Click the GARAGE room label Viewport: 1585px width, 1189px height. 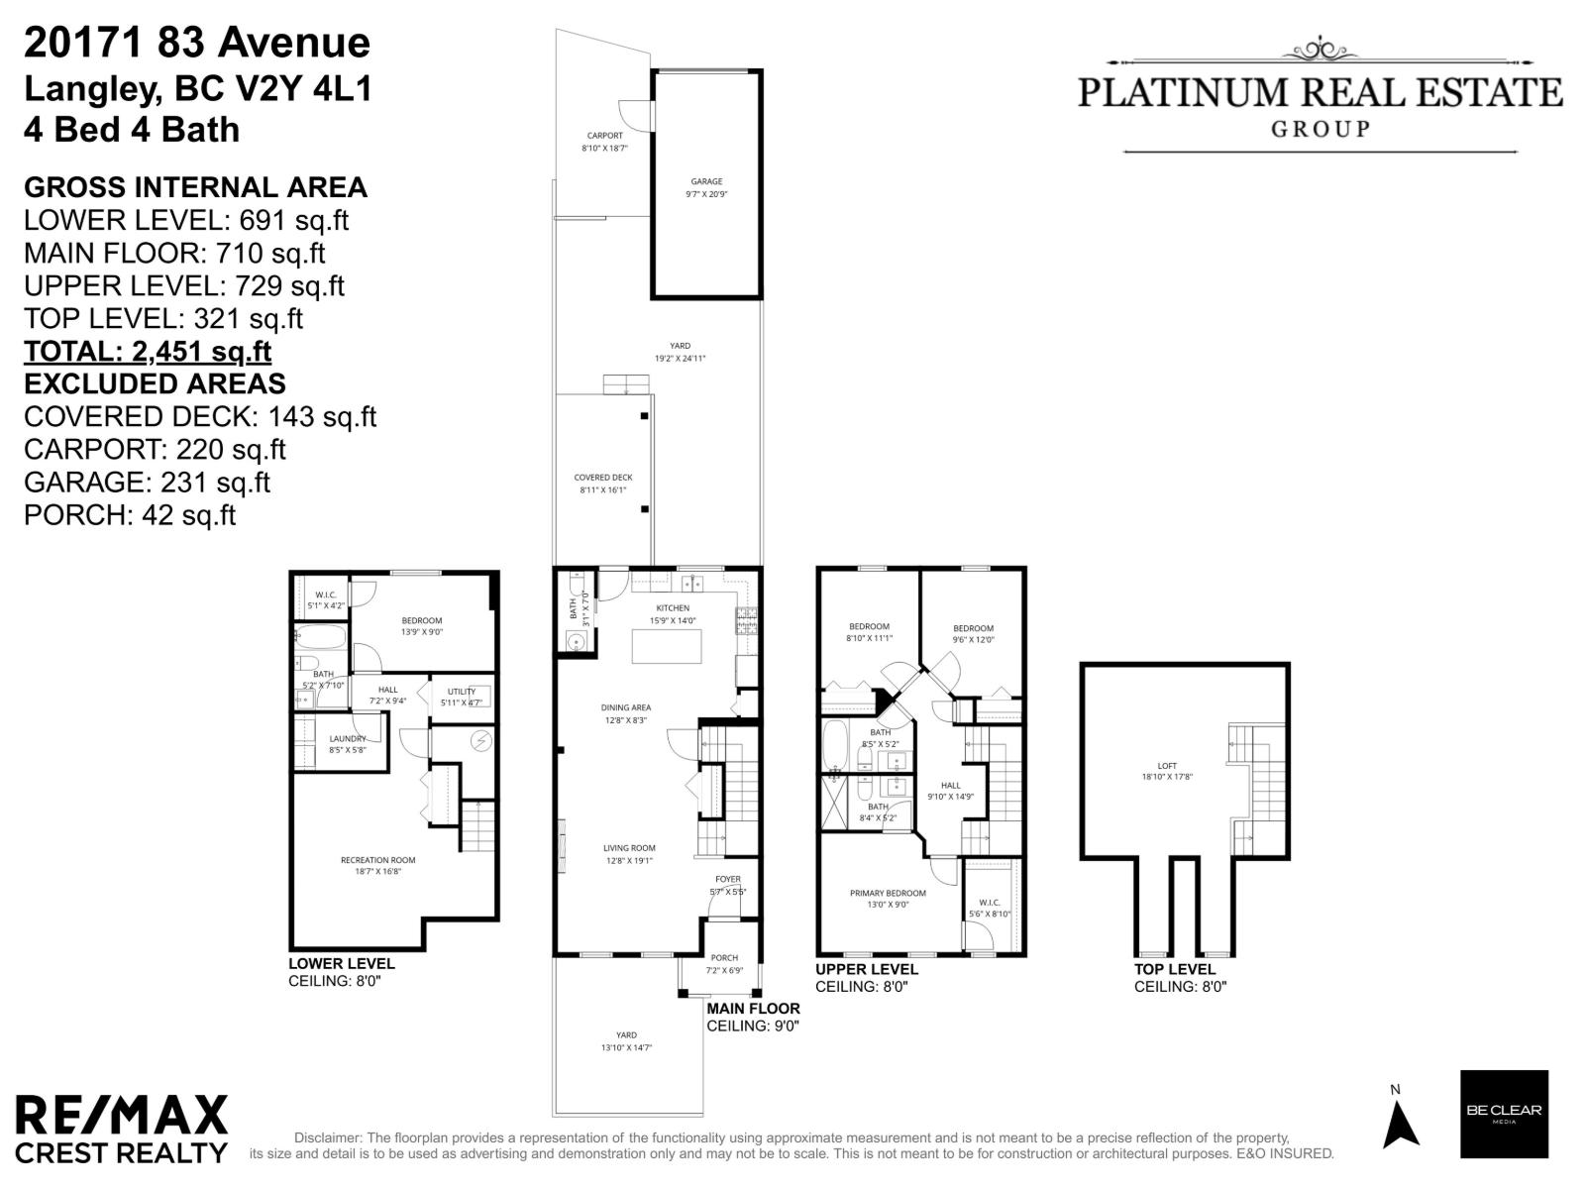click(x=706, y=182)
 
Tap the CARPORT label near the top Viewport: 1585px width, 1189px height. click(x=604, y=136)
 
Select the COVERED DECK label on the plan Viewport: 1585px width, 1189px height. click(x=603, y=478)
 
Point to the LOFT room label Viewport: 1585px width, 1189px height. click(x=1167, y=766)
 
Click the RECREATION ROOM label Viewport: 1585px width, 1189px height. click(x=377, y=860)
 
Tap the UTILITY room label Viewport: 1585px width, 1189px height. click(x=461, y=692)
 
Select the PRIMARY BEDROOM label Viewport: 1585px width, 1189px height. click(x=888, y=893)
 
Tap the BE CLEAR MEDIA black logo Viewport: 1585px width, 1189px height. click(x=1504, y=1114)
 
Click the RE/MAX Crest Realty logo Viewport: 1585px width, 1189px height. click(x=121, y=1129)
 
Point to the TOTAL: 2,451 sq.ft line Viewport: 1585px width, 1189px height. click(x=148, y=352)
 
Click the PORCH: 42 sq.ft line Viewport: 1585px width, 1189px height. click(x=130, y=515)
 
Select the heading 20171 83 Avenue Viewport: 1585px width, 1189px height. click(x=197, y=43)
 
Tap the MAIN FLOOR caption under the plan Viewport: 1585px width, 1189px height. click(x=753, y=1009)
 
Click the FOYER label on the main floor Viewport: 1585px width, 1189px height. click(x=728, y=879)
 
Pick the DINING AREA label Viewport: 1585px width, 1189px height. click(x=626, y=707)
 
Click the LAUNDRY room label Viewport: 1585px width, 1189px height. click(x=348, y=738)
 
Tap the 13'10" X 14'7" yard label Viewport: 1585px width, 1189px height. click(x=626, y=1048)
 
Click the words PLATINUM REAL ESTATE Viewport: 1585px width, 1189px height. click(x=1320, y=93)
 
